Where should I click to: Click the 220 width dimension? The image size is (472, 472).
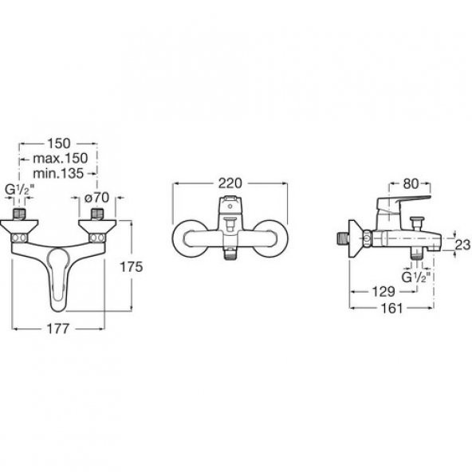tap(230, 183)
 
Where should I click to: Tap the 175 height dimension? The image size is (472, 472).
tap(132, 267)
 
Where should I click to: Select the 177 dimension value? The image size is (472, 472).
tap(58, 328)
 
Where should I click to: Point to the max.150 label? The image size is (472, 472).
tap(61, 159)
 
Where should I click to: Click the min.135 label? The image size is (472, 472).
tap(58, 173)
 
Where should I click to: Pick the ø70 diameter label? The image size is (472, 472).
tap(96, 198)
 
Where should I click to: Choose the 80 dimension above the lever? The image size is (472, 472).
tap(411, 184)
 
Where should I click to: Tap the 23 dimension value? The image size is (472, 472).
tap(462, 245)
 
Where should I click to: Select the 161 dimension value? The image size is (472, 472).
tap(391, 309)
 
